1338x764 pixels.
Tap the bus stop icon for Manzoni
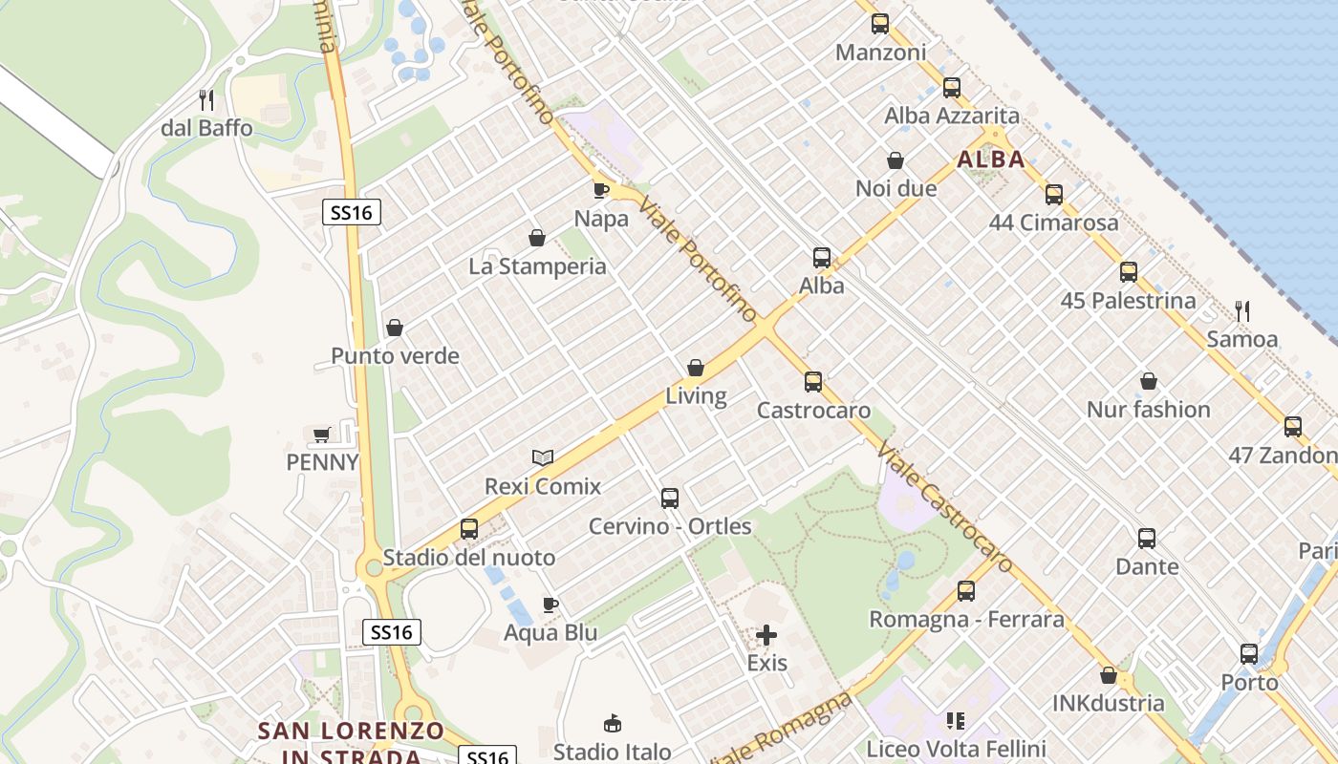pyautogui.click(x=880, y=24)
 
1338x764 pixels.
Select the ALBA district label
pyautogui.click(x=990, y=159)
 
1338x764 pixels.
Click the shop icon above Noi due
pyautogui.click(x=896, y=160)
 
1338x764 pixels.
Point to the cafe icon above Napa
pyautogui.click(x=601, y=190)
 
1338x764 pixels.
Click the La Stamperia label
pyautogui.click(x=537, y=266)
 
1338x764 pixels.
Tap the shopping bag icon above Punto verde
pyautogui.click(x=395, y=329)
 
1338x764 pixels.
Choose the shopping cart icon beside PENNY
pyautogui.click(x=322, y=435)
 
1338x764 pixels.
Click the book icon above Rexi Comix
pyautogui.click(x=543, y=458)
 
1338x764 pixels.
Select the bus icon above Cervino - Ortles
pyautogui.click(x=670, y=499)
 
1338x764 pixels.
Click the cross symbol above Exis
pyautogui.click(x=766, y=635)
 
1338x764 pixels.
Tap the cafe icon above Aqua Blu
pyautogui.click(x=550, y=605)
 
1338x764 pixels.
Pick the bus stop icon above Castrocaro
pyautogui.click(x=813, y=382)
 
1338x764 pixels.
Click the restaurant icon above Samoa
pyautogui.click(x=1242, y=310)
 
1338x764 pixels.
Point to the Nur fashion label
pyautogui.click(x=1148, y=410)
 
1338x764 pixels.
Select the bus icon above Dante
pyautogui.click(x=1147, y=539)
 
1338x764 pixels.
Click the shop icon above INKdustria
pyautogui.click(x=1109, y=676)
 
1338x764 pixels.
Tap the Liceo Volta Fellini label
pyautogui.click(x=956, y=749)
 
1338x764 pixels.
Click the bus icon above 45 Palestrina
pyautogui.click(x=1129, y=272)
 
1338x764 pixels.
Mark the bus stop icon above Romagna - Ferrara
pyautogui.click(x=966, y=591)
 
